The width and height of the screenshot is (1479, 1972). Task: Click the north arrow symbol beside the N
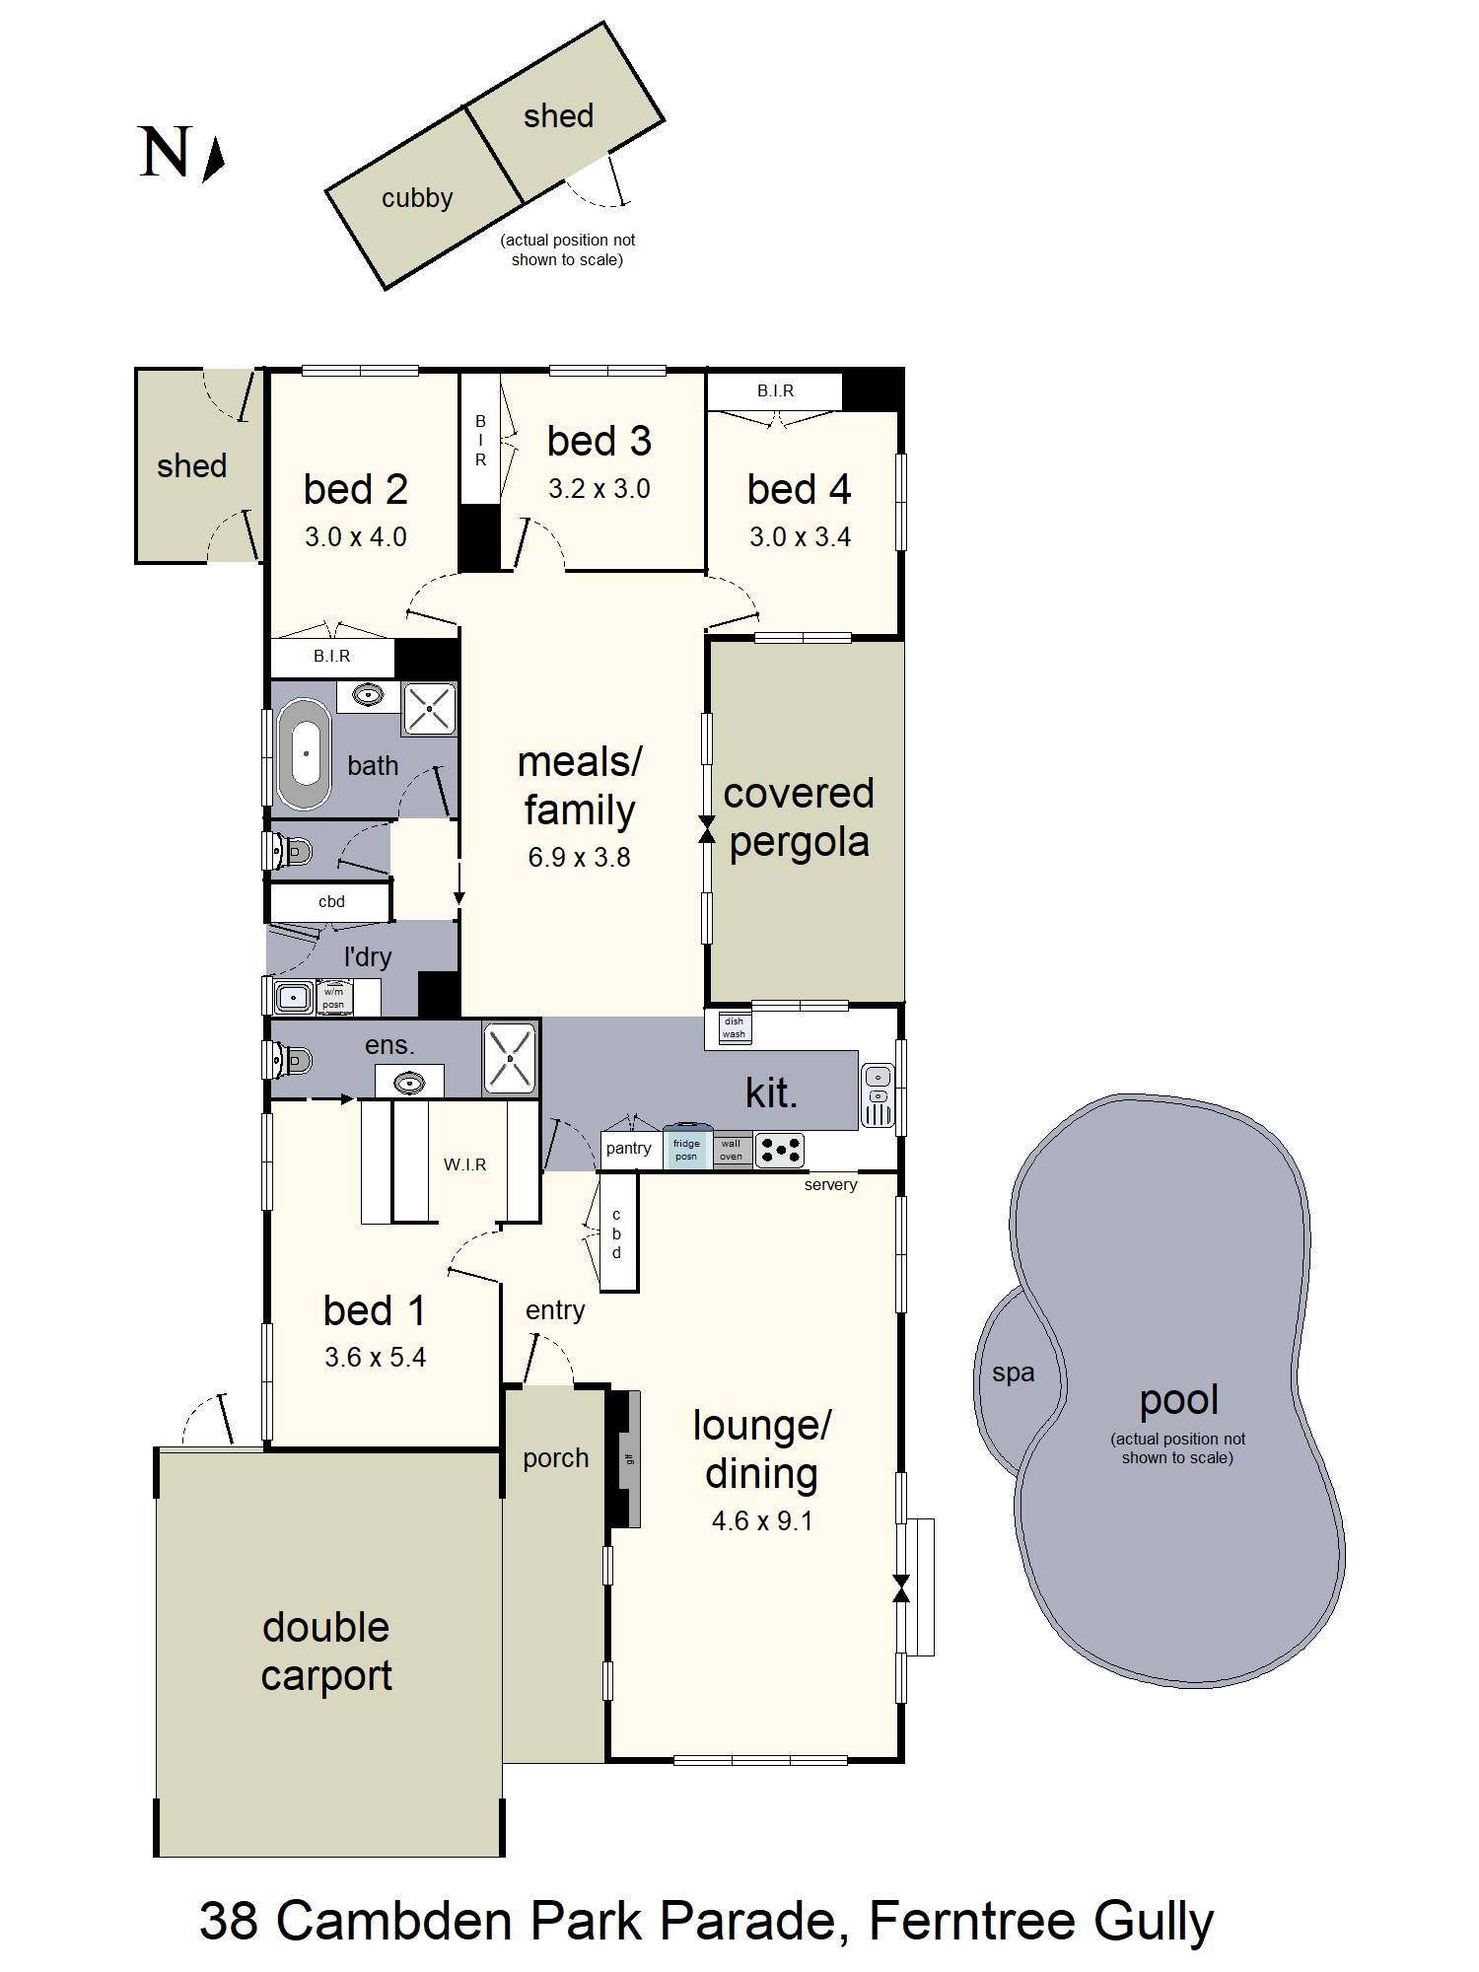[215, 160]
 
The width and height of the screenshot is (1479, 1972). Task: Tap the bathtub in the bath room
[305, 754]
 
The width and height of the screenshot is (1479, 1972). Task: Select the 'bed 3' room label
[599, 441]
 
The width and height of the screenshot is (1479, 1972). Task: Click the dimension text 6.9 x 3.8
[579, 857]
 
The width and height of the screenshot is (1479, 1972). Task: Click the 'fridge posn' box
[686, 1149]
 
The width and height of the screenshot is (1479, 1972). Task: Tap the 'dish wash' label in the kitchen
[734, 1028]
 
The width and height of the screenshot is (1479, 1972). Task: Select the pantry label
[628, 1148]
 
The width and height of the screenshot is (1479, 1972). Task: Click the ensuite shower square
[510, 1058]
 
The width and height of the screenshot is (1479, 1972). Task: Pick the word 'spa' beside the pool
[1014, 1373]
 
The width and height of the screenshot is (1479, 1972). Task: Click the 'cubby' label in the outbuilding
[417, 198]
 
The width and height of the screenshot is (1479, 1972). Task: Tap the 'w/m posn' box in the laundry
[334, 998]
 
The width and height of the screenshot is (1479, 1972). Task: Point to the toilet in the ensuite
[290, 1061]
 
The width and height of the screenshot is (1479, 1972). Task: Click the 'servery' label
[830, 1184]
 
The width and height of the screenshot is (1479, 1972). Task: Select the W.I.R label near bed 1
[464, 1164]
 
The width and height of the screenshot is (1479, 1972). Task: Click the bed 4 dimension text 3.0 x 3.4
[800, 536]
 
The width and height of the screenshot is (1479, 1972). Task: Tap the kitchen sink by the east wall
[878, 1094]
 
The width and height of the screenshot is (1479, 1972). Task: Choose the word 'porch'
[555, 1458]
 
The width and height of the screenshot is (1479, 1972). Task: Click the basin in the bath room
[369, 695]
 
